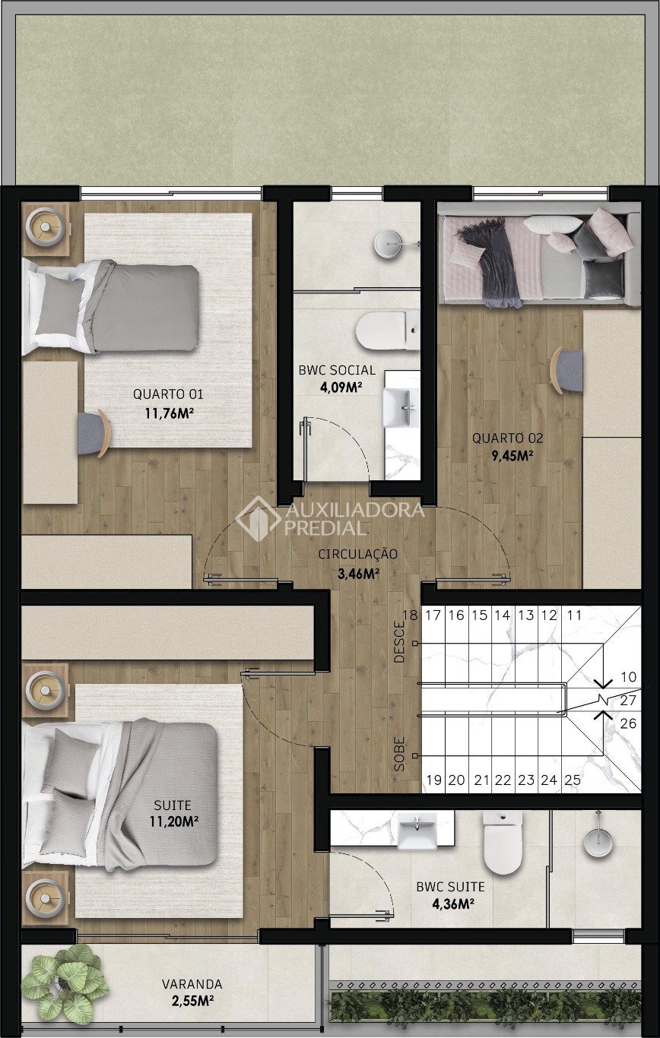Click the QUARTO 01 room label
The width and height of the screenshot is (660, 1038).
[x=168, y=394]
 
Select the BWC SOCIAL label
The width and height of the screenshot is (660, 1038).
[x=337, y=370]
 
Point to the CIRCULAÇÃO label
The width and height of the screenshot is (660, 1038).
[x=357, y=554]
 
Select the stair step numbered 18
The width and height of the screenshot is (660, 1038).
[x=411, y=616]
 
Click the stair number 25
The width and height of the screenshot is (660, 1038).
[x=573, y=780]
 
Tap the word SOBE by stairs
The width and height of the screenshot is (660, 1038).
[x=399, y=754]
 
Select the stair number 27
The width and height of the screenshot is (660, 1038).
[x=628, y=701]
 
